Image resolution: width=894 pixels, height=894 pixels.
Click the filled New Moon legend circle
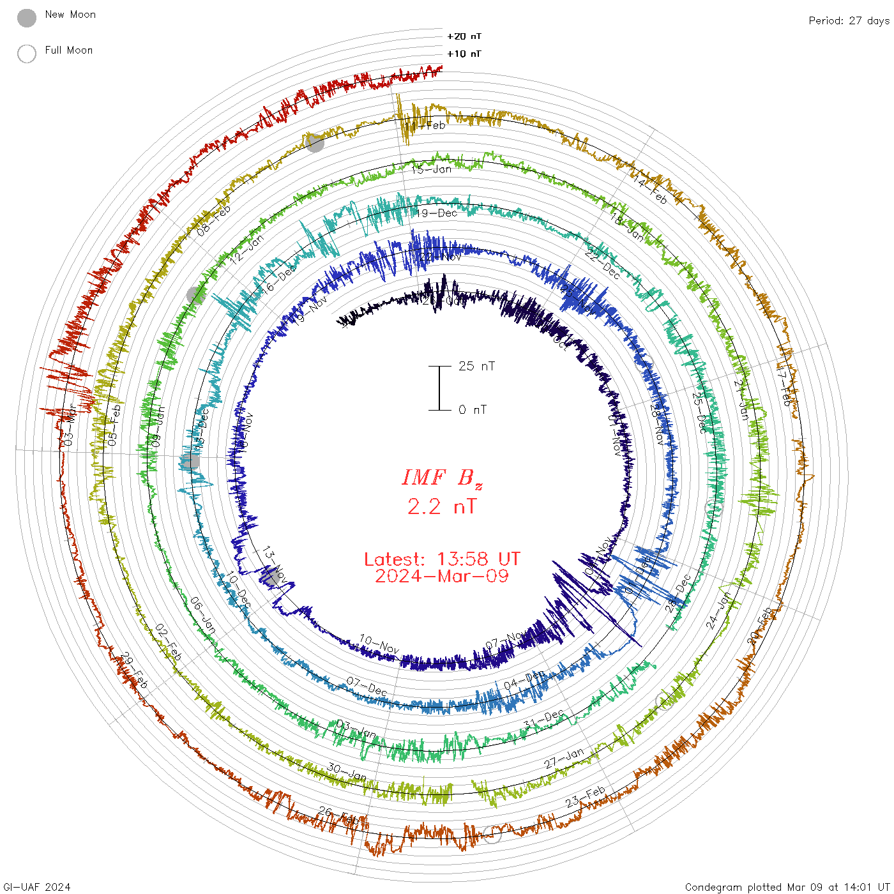pyautogui.click(x=27, y=19)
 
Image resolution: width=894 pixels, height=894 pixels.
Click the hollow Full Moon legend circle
pyautogui.click(x=27, y=54)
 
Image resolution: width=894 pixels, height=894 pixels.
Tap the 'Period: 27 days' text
pyautogui.click(x=849, y=20)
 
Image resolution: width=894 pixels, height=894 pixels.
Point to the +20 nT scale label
pyautogui.click(x=464, y=36)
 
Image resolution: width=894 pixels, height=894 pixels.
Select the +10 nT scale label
pyautogui.click(x=464, y=54)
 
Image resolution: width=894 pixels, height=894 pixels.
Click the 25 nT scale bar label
pyautogui.click(x=476, y=366)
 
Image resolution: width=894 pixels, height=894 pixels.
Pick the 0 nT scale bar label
pyautogui.click(x=473, y=409)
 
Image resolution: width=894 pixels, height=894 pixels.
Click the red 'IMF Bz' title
pyautogui.click(x=442, y=478)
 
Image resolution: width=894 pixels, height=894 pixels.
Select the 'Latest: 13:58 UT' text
pyautogui.click(x=442, y=559)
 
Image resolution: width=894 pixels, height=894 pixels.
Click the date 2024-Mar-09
pyautogui.click(x=442, y=576)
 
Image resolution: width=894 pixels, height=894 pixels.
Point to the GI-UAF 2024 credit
pyautogui.click(x=36, y=887)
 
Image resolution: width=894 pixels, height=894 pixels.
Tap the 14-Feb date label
pyautogui.click(x=650, y=190)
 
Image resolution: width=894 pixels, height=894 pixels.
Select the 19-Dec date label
pyautogui.click(x=437, y=213)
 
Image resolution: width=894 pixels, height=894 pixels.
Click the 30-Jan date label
pyautogui.click(x=347, y=772)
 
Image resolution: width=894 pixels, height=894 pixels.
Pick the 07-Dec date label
pyautogui.click(x=367, y=686)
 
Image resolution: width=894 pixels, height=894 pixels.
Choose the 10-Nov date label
pyautogui.click(x=379, y=644)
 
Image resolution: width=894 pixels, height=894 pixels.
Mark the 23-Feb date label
pyautogui.click(x=586, y=797)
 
